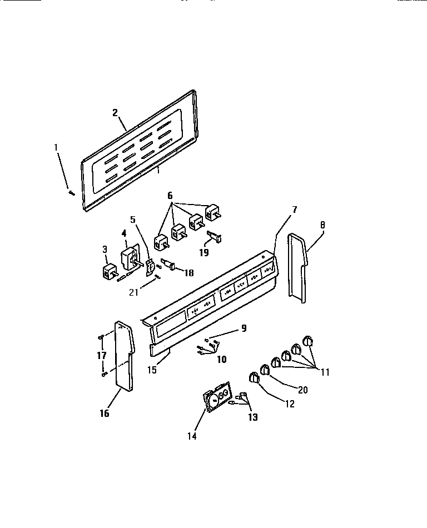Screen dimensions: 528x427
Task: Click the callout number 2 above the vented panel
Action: [x=115, y=112]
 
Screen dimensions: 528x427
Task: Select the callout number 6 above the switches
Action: [x=170, y=196]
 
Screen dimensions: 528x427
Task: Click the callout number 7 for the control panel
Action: [x=294, y=210]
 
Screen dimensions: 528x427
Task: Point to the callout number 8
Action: [x=323, y=225]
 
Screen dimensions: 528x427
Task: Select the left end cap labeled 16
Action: [x=123, y=356]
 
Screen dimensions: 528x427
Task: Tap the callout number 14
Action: [x=191, y=436]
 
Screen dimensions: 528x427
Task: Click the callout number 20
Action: [x=302, y=390]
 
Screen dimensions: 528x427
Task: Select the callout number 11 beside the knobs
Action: [x=325, y=372]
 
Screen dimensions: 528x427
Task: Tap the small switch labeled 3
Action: [x=108, y=272]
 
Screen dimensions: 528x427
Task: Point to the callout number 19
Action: [x=204, y=252]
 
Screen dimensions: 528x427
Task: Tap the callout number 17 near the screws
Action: [x=101, y=354]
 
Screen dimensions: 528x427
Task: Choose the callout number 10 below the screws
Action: [x=221, y=360]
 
